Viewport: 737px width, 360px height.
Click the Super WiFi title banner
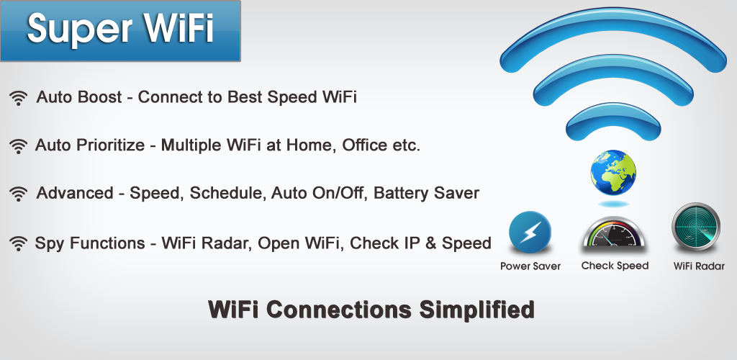click(x=120, y=30)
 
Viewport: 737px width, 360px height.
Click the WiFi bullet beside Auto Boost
click(x=19, y=98)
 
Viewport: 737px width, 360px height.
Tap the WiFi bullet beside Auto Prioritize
click(x=19, y=146)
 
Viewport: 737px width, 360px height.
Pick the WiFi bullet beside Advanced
click(x=19, y=194)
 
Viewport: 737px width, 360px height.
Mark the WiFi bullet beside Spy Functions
click(x=19, y=243)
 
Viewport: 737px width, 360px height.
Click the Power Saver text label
click(x=530, y=266)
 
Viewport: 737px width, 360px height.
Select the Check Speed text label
click(x=615, y=266)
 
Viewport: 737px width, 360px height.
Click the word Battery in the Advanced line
click(x=402, y=193)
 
